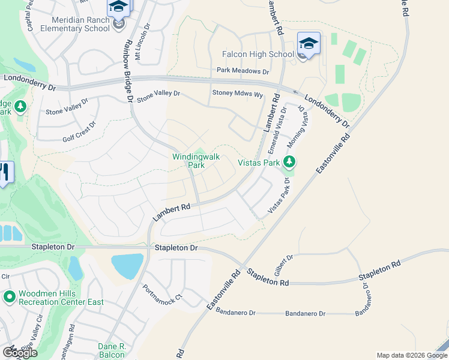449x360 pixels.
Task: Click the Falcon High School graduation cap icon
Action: pyautogui.click(x=309, y=43)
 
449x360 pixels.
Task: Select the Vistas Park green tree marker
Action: pyautogui.click(x=289, y=161)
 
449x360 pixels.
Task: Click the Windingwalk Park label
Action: pyautogui.click(x=196, y=160)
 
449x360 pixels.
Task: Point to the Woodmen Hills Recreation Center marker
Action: pyautogui.click(x=10, y=296)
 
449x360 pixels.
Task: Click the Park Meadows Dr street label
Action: pyautogui.click(x=243, y=71)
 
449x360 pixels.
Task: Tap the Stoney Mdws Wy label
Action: pyautogui.click(x=238, y=94)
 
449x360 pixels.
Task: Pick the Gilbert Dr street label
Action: pyautogui.click(x=284, y=265)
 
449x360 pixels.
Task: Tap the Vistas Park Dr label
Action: pyautogui.click(x=279, y=196)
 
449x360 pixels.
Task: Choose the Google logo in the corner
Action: pyautogui.click(x=20, y=352)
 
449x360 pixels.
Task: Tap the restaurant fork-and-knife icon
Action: pyautogui.click(x=4, y=172)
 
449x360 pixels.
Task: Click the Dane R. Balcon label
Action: pyautogui.click(x=111, y=350)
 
